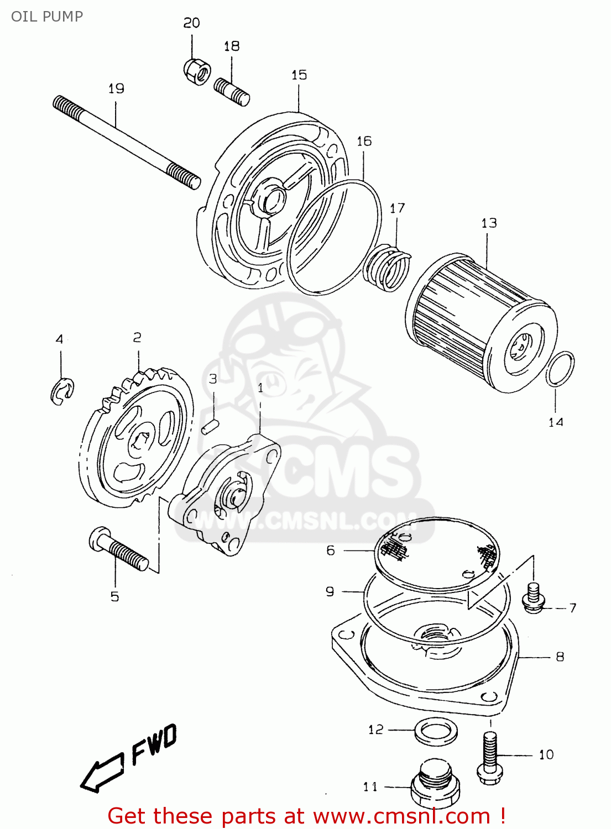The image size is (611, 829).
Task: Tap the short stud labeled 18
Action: (x=232, y=91)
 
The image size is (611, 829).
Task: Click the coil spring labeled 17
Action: (x=389, y=267)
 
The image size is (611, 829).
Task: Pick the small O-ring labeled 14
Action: (x=560, y=369)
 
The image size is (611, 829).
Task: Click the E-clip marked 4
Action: (x=62, y=391)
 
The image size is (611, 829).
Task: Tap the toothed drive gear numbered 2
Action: (x=135, y=439)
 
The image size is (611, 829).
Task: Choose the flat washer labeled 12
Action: (x=436, y=732)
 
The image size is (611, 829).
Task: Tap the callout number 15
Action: (x=299, y=75)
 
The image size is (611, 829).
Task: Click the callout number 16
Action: (x=364, y=141)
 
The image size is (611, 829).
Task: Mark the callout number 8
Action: (x=560, y=657)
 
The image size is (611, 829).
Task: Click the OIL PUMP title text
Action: (x=47, y=17)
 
